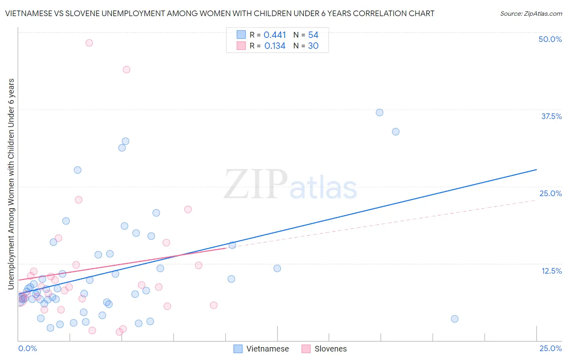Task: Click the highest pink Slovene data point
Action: point(89,43)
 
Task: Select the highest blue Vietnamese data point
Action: point(379,113)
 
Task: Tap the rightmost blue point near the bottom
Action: point(454,319)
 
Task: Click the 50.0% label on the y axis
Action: point(550,39)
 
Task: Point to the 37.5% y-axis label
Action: point(551,116)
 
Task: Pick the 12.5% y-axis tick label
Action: point(551,271)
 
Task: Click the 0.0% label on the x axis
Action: point(27,348)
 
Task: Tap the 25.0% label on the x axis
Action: point(550,348)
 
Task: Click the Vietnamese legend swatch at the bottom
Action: point(238,349)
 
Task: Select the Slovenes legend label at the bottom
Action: point(330,349)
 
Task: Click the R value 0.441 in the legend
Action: point(275,35)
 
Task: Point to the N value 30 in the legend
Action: point(313,46)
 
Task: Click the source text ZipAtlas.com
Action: point(531,14)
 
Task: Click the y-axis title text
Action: point(11,184)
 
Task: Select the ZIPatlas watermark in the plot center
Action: point(290,185)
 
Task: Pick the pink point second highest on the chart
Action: point(126,69)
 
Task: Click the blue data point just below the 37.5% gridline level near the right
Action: point(396,132)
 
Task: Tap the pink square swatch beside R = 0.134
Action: point(241,46)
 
